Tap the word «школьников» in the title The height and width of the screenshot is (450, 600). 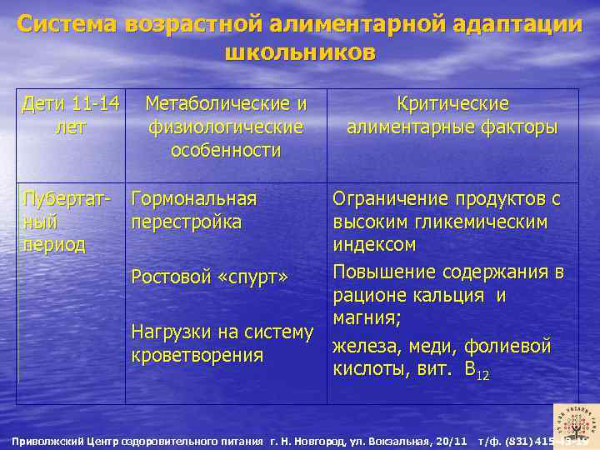pos(300,52)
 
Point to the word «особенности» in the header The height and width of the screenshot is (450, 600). pos(226,151)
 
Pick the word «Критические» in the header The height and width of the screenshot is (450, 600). pos(452,104)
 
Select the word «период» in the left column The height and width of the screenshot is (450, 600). pos(54,245)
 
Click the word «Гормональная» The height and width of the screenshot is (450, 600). pos(194,200)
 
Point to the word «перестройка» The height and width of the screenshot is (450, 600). pos(187,222)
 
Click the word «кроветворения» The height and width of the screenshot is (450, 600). pos(197,355)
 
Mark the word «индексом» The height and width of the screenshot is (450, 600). pos(374,246)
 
